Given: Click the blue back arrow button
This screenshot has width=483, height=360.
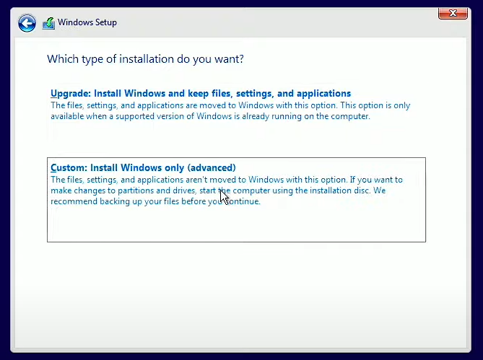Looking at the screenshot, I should pyautogui.click(x=27, y=23).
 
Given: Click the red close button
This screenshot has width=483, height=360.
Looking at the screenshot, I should pyautogui.click(x=452, y=13).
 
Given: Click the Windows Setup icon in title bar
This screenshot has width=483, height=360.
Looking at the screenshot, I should pyautogui.click(x=48, y=23).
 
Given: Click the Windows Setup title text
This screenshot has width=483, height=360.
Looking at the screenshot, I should pyautogui.click(x=87, y=22).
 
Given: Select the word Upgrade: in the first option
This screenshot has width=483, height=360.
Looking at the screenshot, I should pyautogui.click(x=71, y=94).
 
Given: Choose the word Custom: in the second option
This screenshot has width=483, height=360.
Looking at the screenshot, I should pyautogui.click(x=69, y=168).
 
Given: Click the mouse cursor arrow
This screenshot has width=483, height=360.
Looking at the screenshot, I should pyautogui.click(x=223, y=195).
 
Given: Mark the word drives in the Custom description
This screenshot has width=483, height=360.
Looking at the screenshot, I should pyautogui.click(x=176, y=190).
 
